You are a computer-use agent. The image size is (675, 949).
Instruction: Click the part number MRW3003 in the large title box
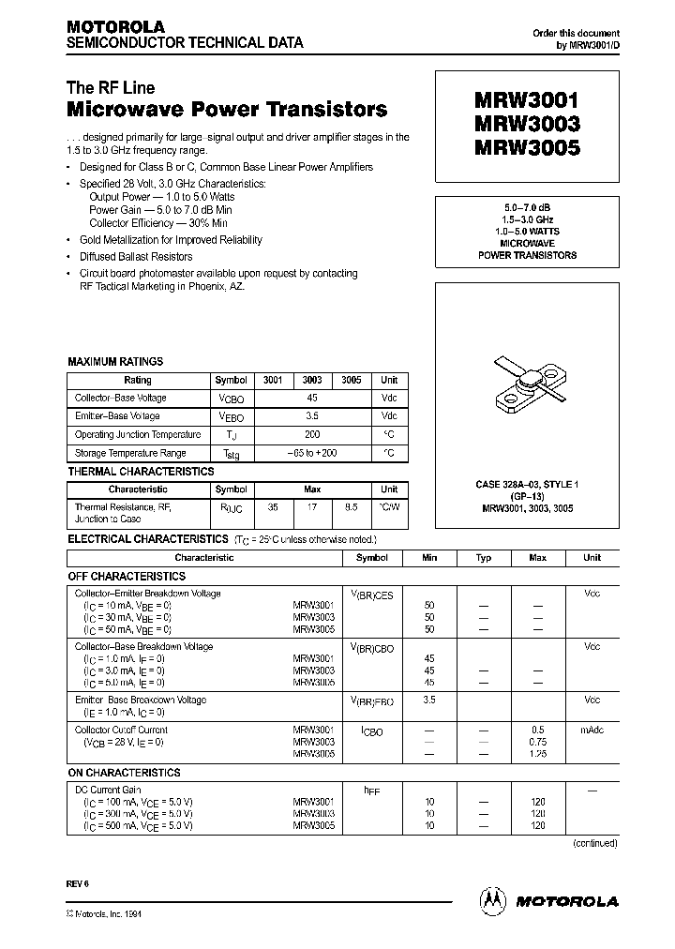(528, 124)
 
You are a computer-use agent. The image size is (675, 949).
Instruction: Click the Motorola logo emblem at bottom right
(492, 900)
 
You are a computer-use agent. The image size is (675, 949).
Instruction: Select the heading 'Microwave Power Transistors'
(227, 110)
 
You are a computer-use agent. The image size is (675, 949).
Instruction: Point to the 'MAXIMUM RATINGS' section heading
(115, 361)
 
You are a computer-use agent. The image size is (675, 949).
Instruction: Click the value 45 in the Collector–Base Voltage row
(312, 398)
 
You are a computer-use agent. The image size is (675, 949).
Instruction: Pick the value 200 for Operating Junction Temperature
(312, 434)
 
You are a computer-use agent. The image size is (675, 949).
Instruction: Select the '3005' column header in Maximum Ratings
(351, 380)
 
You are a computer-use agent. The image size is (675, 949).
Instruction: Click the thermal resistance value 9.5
(351, 506)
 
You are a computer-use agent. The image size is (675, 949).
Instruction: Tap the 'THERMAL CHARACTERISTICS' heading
(141, 472)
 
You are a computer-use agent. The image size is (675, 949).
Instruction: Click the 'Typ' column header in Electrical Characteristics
(484, 558)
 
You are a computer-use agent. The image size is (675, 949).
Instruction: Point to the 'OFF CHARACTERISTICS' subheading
(127, 576)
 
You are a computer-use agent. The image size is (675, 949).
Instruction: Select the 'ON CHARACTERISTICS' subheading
(124, 773)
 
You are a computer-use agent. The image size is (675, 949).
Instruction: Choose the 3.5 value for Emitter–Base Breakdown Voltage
(429, 700)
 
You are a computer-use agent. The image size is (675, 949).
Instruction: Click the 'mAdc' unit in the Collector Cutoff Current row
(592, 730)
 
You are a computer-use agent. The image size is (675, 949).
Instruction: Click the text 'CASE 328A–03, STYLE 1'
(527, 484)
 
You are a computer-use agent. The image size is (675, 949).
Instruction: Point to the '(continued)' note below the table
(595, 843)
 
